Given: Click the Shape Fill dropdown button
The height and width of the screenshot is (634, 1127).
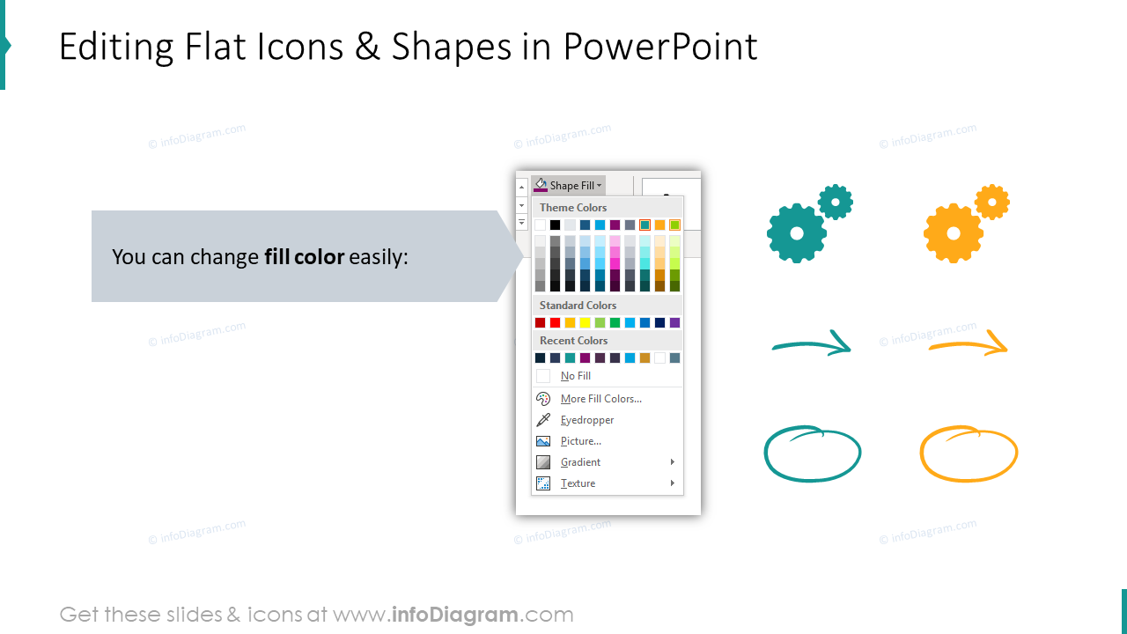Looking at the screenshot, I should pyautogui.click(x=569, y=186).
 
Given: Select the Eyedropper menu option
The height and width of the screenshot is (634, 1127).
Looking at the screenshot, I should pyautogui.click(x=587, y=420).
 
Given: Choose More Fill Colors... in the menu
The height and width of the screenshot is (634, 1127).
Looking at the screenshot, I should pyautogui.click(x=600, y=399).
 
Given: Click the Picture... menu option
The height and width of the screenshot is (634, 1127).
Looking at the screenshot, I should pyautogui.click(x=580, y=441).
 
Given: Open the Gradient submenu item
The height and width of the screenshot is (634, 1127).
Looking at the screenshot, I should pyautogui.click(x=580, y=462).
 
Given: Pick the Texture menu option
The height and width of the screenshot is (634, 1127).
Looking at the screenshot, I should pyautogui.click(x=578, y=483).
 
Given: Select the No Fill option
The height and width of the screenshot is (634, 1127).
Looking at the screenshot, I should pyautogui.click(x=575, y=376).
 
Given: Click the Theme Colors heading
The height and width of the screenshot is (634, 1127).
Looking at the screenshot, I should pyautogui.click(x=573, y=208).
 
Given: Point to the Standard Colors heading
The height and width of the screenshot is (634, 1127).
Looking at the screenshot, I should pyautogui.click(x=578, y=306).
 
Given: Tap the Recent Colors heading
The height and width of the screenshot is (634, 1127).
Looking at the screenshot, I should pyautogui.click(x=573, y=341).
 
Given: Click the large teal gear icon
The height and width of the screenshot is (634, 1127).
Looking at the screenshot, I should pyautogui.click(x=796, y=233).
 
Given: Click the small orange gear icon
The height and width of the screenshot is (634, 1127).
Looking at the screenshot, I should pyautogui.click(x=992, y=202).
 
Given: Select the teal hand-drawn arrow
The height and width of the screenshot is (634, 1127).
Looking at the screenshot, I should pyautogui.click(x=812, y=343).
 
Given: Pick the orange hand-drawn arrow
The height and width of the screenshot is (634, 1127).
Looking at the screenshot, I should pyautogui.click(x=968, y=343).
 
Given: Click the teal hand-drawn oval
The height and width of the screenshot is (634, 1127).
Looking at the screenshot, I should pyautogui.click(x=812, y=454).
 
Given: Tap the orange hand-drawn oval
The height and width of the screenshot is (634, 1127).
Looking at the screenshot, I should pyautogui.click(x=969, y=454).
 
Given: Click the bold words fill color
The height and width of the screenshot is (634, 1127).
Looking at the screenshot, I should pyautogui.click(x=304, y=258).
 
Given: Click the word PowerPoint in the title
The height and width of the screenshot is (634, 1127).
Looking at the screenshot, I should pyautogui.click(x=659, y=48).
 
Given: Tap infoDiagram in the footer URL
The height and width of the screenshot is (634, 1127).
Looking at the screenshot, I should pyautogui.click(x=453, y=615).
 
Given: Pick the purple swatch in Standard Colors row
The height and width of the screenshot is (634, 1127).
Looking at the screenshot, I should pyautogui.click(x=674, y=323).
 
